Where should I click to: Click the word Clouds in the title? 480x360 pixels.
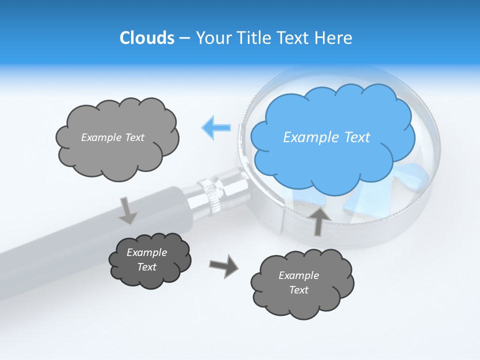[146, 38]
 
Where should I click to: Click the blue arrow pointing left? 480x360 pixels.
[216, 127]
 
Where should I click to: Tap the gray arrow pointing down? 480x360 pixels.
[127, 210]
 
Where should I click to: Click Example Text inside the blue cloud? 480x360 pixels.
[326, 137]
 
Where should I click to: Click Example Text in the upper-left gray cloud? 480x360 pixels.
[112, 137]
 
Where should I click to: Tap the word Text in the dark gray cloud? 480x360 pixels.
[146, 267]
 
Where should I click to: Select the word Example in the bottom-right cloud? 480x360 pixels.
[298, 275]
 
